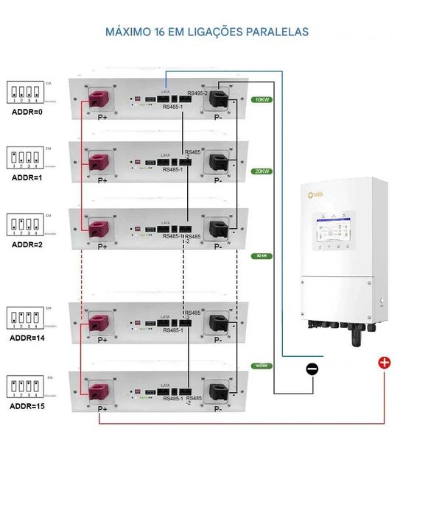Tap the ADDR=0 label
point(27,113)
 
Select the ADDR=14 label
point(29,338)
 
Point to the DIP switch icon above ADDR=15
point(25,386)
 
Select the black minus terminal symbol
point(312,369)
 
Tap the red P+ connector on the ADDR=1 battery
point(99,162)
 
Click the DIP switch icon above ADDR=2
point(25,223)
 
